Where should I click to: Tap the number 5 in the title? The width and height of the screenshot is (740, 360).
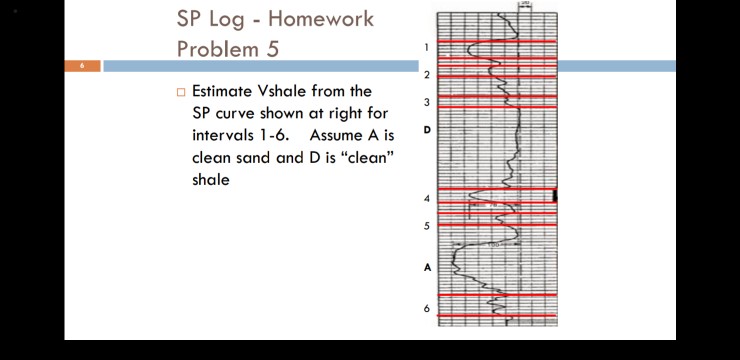pos(272,48)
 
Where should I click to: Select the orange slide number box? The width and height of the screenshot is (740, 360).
pos(82,66)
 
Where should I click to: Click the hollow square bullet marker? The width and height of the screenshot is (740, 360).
pos(181,92)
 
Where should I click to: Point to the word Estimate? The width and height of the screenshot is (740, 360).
pos(228,91)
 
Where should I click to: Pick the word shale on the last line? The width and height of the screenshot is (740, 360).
pos(211,180)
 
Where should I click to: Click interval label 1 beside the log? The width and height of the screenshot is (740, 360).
pos(426,47)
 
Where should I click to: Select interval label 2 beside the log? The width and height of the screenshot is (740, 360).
pos(426,75)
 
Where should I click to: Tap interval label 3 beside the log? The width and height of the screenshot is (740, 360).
pos(426,102)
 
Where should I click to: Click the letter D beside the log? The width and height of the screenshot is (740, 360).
pos(427,130)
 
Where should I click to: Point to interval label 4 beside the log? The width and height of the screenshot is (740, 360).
pos(426,199)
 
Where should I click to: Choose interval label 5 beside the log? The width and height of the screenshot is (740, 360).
pos(426,226)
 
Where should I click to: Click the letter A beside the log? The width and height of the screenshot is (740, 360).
pos(427,267)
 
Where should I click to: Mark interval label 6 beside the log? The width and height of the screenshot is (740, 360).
pos(426,308)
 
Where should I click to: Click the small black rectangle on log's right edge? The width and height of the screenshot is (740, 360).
pos(555,195)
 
